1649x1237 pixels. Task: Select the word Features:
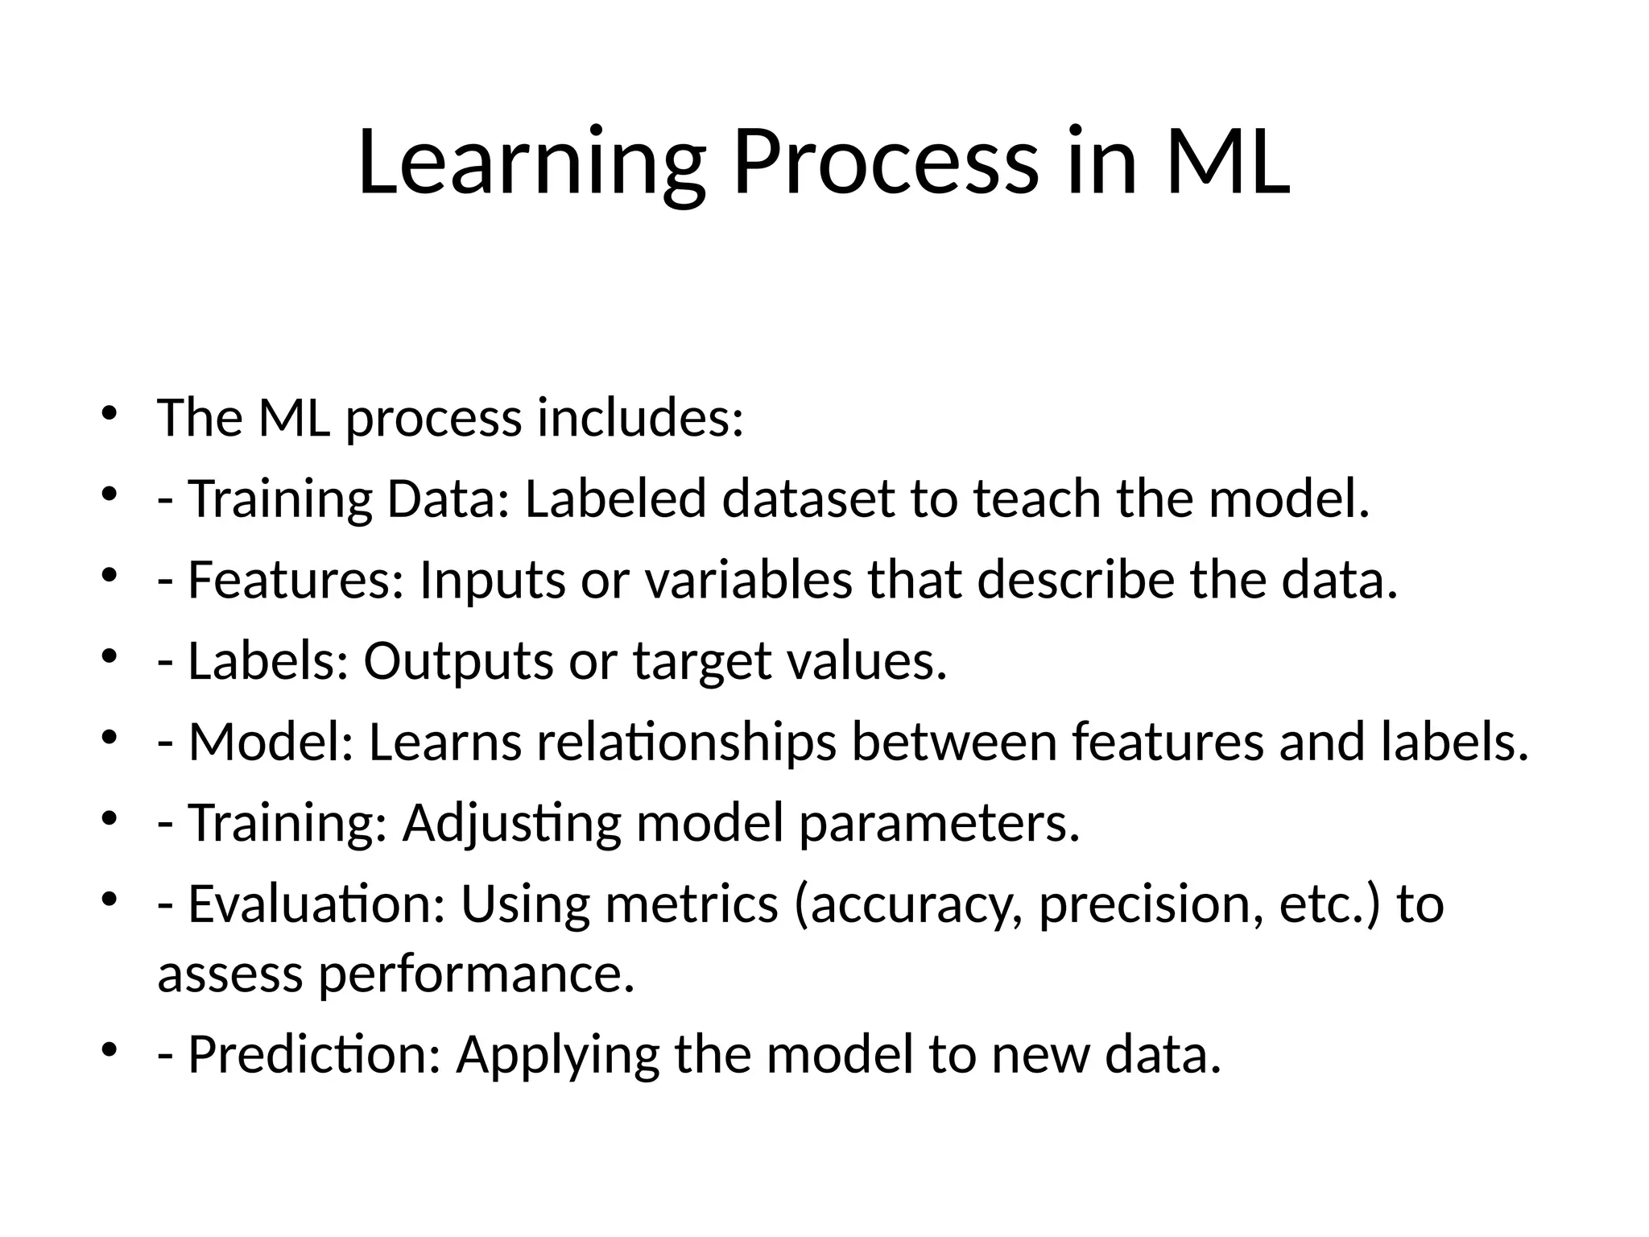(x=295, y=579)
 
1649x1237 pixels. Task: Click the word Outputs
(x=458, y=660)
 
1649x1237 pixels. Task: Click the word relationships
(x=686, y=742)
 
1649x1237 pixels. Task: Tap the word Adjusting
(x=511, y=823)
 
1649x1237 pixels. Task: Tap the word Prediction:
(x=314, y=1054)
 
